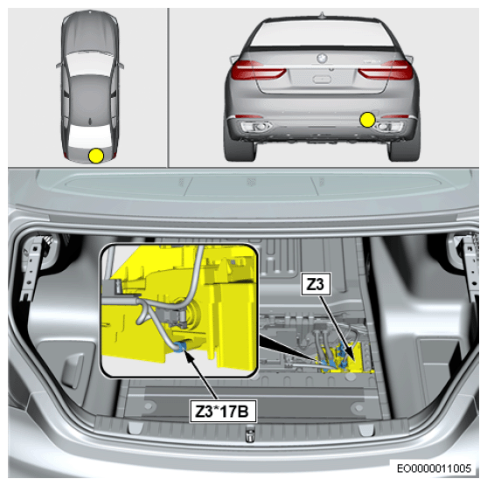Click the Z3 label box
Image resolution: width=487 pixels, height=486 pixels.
point(316,284)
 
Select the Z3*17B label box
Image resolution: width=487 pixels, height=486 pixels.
point(223,412)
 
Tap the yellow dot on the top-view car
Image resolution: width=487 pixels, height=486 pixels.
point(96,156)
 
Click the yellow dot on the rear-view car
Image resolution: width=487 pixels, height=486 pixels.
point(367,120)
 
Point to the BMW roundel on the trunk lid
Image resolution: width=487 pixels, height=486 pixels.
point(322,58)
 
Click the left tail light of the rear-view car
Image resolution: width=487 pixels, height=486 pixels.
point(259,70)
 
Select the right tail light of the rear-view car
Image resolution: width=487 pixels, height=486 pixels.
point(386,70)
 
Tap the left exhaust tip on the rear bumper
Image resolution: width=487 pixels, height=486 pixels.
point(256,127)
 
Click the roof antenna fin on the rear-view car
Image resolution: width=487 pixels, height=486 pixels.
point(322,15)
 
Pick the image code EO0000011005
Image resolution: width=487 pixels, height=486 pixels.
point(435,468)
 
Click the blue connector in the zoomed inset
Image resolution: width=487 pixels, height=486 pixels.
point(180,346)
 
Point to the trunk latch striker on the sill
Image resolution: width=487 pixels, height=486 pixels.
point(250,433)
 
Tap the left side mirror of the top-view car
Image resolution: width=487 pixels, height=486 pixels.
point(59,66)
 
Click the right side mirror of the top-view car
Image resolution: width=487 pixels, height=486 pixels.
point(121,66)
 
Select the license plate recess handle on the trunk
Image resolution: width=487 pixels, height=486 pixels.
point(322,80)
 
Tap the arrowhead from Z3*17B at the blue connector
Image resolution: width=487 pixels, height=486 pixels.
point(188,356)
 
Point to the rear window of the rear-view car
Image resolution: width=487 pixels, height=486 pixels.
point(322,32)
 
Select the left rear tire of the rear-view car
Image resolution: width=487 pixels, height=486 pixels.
point(241,149)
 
